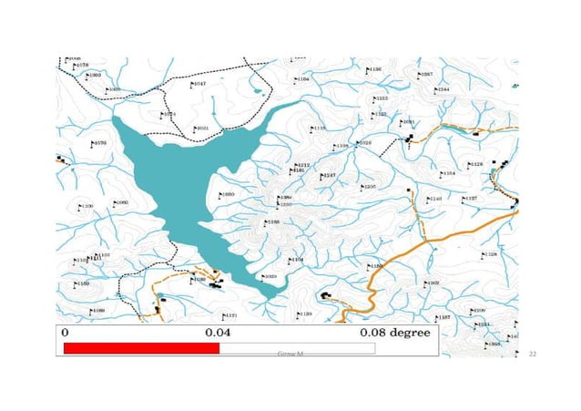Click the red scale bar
(x=141, y=348)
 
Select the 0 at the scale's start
(x=65, y=333)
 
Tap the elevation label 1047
(x=199, y=83)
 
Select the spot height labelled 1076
(x=99, y=143)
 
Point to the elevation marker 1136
(x=374, y=69)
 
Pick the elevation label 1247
(x=330, y=175)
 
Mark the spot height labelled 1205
(x=369, y=187)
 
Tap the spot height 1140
(x=435, y=199)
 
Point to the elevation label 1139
(x=306, y=314)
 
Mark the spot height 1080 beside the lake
(x=228, y=194)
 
